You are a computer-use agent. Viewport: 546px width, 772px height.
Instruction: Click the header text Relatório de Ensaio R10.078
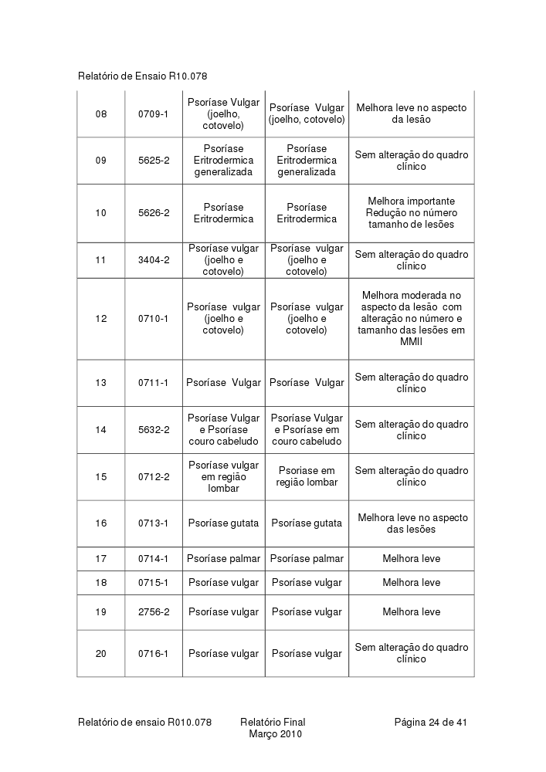[143, 76]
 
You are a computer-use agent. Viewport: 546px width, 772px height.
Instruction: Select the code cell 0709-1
[154, 114]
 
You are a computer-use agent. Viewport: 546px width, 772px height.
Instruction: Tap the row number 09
[101, 161]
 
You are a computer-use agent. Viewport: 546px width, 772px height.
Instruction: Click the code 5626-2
[154, 213]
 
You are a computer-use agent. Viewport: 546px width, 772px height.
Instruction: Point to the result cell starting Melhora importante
[411, 213]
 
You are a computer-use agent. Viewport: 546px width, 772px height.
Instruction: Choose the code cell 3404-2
[154, 260]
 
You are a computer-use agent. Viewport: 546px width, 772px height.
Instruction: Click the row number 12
[101, 319]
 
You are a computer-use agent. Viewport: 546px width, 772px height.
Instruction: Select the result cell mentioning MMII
[411, 319]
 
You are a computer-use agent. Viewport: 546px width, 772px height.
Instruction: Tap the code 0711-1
[154, 383]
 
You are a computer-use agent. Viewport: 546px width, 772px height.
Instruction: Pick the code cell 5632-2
[154, 430]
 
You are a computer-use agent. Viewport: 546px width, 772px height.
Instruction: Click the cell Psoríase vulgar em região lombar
[224, 476]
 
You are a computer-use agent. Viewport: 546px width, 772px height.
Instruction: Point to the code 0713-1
[154, 523]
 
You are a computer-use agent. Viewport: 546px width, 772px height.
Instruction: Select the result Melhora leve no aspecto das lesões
[411, 523]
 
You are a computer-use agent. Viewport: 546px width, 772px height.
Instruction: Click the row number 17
[101, 559]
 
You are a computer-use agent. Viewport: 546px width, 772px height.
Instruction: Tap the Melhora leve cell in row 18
[411, 583]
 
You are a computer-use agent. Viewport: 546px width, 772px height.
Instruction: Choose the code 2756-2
[154, 612]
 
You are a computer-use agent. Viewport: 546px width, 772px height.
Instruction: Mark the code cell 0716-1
[154, 654]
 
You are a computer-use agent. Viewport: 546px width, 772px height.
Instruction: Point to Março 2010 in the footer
[275, 734]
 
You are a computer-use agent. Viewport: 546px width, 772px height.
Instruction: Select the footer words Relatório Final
[273, 723]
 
